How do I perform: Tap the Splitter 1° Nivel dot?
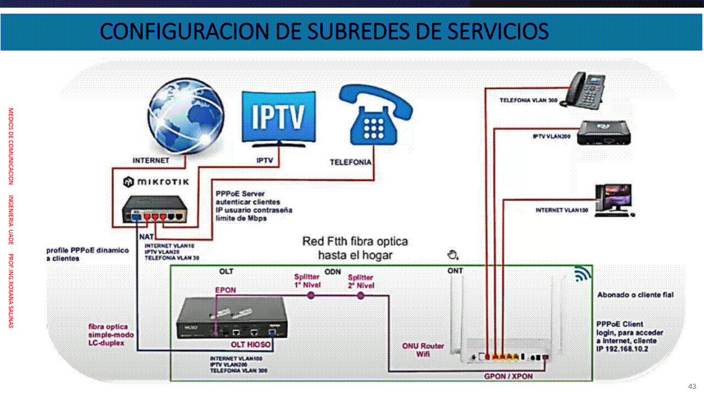(x=310, y=295)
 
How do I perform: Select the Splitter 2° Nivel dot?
(x=361, y=295)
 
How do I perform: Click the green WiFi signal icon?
(x=582, y=273)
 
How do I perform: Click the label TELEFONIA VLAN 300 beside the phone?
(x=528, y=101)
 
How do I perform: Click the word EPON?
(x=226, y=290)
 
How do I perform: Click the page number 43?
(x=692, y=386)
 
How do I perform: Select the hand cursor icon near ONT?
(x=453, y=254)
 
